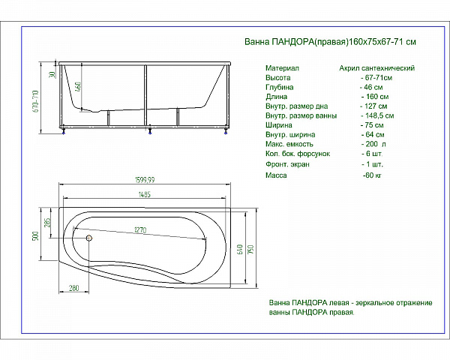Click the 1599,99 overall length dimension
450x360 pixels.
coord(145,180)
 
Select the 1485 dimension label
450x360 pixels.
coord(144,194)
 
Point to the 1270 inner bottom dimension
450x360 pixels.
coord(140,230)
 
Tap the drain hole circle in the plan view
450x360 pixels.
coord(89,238)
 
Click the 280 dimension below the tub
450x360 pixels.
coord(73,288)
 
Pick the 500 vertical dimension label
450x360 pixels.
coord(35,236)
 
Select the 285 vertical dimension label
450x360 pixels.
coord(47,223)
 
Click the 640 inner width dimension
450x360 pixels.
coord(241,249)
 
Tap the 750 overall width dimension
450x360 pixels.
coord(250,250)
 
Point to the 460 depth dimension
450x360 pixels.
coord(78,87)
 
